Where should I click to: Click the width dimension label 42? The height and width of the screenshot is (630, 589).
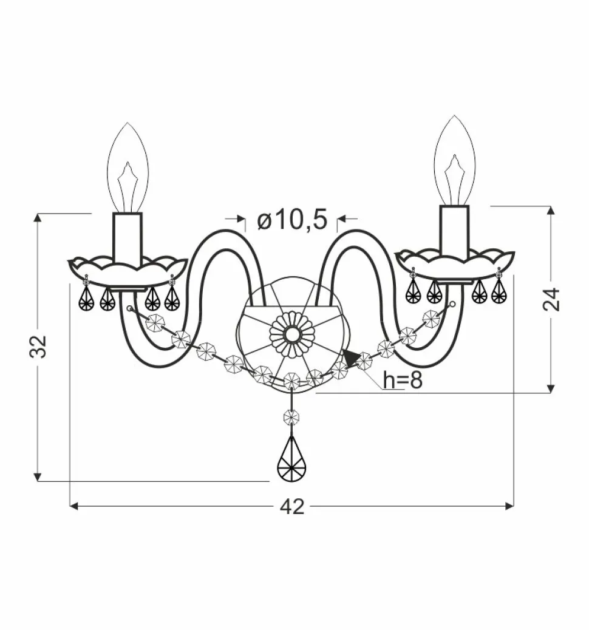click(x=292, y=507)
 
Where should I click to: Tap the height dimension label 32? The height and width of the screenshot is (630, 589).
click(x=38, y=346)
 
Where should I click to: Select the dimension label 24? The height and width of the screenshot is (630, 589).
click(x=551, y=299)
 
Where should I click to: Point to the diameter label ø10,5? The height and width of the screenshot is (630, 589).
click(x=292, y=220)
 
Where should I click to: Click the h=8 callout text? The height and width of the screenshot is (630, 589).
click(x=403, y=380)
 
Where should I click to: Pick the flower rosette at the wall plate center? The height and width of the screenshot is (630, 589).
click(x=291, y=334)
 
